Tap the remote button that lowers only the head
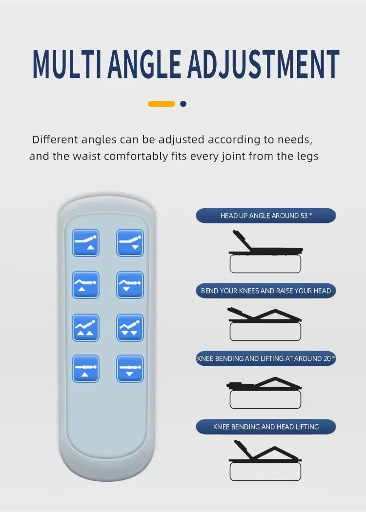pyautogui.click(x=130, y=243)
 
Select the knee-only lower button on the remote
pyautogui.click(x=130, y=285)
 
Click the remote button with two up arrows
pyautogui.click(x=85, y=327)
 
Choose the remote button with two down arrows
pyautogui.click(x=130, y=327)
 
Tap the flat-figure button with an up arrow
pyautogui.click(x=85, y=369)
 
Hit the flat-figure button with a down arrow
pyautogui.click(x=130, y=369)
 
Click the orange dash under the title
pyautogui.click(x=162, y=104)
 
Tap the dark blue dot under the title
pyautogui.click(x=183, y=104)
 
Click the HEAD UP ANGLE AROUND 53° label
pyautogui.click(x=266, y=216)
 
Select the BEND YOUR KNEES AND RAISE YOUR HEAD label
pyautogui.click(x=266, y=291)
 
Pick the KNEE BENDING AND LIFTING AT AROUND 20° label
pyautogui.click(x=266, y=358)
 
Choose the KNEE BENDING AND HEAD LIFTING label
pyautogui.click(x=266, y=427)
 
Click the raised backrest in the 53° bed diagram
pyautogui.click(x=243, y=240)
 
